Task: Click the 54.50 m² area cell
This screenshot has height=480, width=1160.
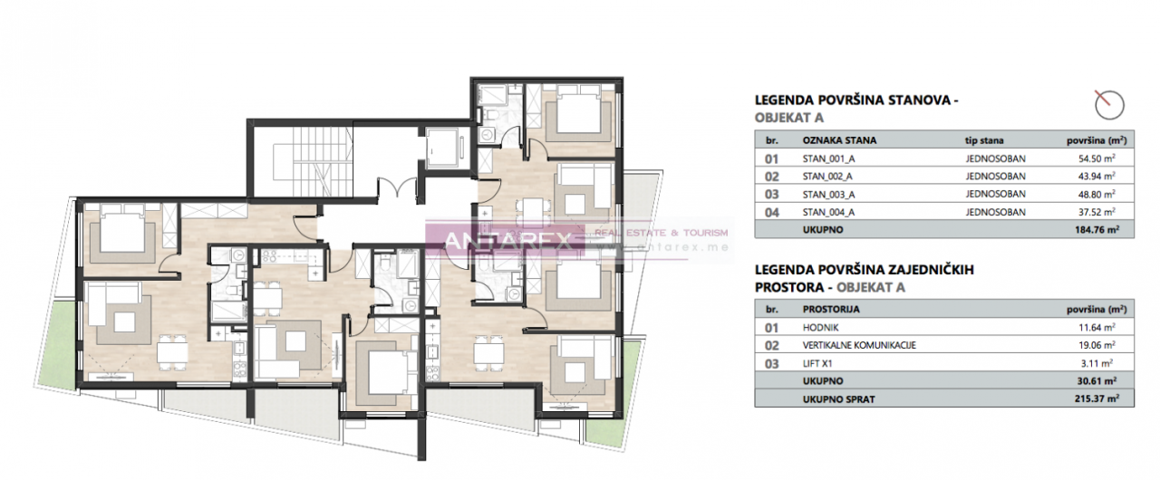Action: [x=1097, y=158]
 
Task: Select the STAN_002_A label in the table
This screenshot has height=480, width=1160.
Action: [x=827, y=177]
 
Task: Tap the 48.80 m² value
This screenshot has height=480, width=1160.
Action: [x=1097, y=194]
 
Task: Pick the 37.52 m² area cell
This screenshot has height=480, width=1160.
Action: [x=1097, y=212]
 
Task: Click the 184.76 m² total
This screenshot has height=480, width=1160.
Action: [x=1097, y=230]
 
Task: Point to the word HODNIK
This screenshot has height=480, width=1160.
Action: [x=820, y=328]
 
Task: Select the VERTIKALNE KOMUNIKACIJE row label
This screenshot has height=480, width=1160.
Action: [x=859, y=345]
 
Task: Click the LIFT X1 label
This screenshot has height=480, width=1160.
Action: [x=817, y=363]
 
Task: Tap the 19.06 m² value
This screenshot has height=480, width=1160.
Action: [x=1097, y=345]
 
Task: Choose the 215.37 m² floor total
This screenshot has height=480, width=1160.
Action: [x=1097, y=398]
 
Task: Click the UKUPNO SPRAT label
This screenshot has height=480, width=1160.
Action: [x=838, y=399]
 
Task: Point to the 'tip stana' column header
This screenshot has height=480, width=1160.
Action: [x=984, y=140]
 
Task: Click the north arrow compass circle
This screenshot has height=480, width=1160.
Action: [x=1109, y=106]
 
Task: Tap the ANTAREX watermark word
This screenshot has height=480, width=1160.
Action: [x=508, y=241]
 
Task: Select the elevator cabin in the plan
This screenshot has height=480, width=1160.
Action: [x=441, y=147]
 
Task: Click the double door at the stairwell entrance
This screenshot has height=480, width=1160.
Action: [x=397, y=187]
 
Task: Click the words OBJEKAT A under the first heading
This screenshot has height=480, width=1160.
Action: [x=788, y=118]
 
